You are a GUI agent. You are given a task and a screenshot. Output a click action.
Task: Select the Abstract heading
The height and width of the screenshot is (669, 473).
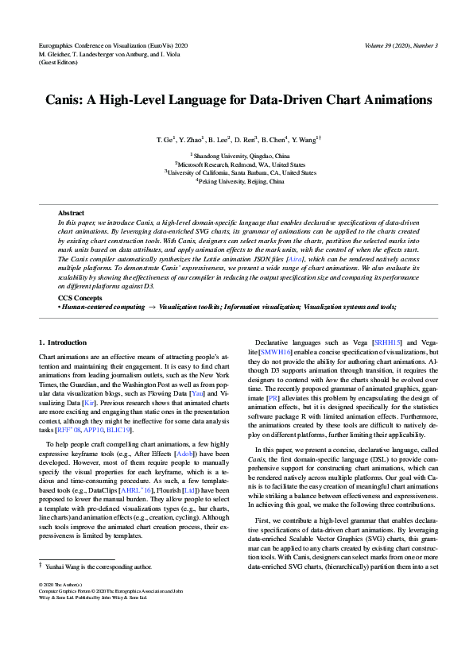click(71, 213)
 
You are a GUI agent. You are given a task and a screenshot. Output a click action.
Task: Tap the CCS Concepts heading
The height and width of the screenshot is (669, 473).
click(80, 298)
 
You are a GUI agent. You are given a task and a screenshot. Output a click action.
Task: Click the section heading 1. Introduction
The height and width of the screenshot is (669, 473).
click(64, 342)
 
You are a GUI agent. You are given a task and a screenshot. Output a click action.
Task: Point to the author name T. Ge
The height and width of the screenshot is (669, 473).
click(166, 140)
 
